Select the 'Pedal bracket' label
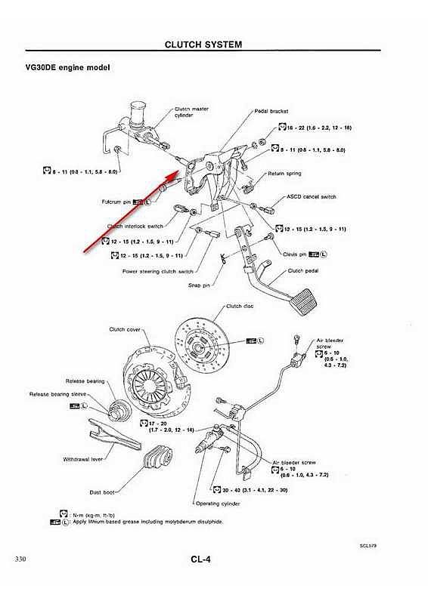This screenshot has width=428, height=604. point(271,109)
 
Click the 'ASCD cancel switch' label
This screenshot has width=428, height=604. point(312,197)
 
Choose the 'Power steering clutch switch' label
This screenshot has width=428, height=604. point(157,271)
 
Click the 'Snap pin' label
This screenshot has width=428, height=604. point(199,285)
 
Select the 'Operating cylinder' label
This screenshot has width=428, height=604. point(219,502)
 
